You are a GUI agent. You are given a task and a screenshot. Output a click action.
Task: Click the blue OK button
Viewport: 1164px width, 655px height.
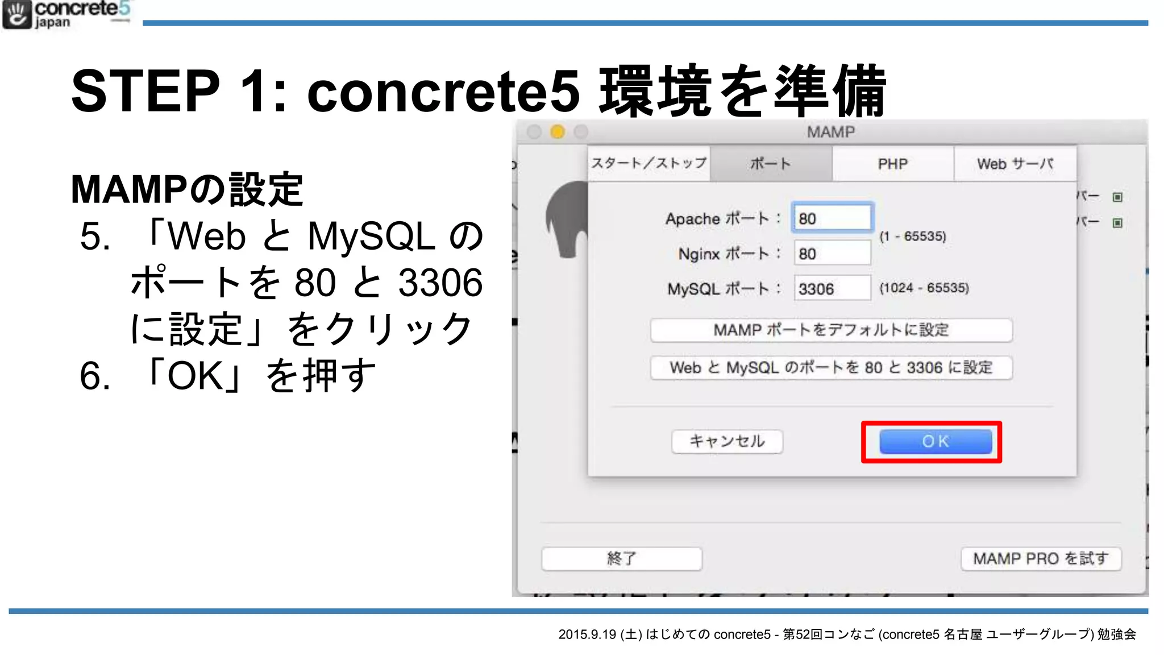pos(935,441)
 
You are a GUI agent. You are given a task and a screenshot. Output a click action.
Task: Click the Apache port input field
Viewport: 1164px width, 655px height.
pos(832,218)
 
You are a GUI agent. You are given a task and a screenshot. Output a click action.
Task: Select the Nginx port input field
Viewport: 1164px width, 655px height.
pos(832,254)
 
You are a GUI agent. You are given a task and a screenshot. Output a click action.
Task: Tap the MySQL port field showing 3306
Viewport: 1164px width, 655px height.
pos(832,289)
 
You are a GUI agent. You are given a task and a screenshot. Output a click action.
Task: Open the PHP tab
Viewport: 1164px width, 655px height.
pos(892,164)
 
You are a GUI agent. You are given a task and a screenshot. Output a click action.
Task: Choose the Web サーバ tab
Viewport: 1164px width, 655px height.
pos(1015,164)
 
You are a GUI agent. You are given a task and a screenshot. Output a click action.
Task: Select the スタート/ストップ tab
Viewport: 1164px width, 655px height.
pos(649,164)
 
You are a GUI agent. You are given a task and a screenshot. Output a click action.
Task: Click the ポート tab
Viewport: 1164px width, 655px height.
pos(771,164)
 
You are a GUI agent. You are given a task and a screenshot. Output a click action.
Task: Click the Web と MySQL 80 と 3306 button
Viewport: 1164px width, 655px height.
pos(831,367)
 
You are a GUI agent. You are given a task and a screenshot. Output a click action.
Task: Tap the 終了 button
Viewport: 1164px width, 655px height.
pos(621,558)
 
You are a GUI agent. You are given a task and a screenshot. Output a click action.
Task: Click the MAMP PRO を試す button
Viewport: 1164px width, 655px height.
pos(1041,558)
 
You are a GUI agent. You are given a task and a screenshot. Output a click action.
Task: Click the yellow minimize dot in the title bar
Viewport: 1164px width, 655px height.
pos(558,132)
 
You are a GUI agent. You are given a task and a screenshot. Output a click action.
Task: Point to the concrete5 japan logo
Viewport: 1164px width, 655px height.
pos(67,15)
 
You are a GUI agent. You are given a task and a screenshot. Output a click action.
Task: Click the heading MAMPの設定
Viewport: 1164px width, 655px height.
pos(187,189)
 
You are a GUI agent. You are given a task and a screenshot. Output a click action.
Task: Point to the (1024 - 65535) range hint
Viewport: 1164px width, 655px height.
pos(924,288)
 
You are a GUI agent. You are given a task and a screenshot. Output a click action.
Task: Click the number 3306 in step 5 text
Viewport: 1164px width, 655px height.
pos(440,283)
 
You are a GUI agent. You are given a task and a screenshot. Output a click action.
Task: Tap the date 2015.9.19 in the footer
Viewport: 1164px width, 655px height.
pos(587,635)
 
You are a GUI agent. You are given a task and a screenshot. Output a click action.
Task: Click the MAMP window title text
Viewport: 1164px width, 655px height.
pos(831,132)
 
